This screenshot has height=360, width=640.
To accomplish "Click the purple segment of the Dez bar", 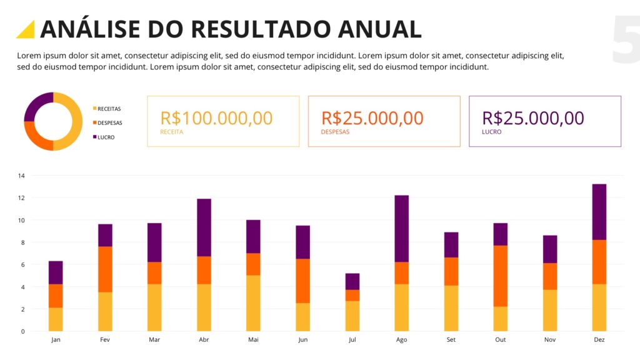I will pyautogui.click(x=599, y=212).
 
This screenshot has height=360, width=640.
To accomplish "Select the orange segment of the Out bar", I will pyautogui.click(x=500, y=276).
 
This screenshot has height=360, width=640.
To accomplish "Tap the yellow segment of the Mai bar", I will pyautogui.click(x=253, y=303).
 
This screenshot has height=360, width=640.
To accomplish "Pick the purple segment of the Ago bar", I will pyautogui.click(x=401, y=228).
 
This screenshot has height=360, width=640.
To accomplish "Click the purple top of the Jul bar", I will pyautogui.click(x=352, y=281).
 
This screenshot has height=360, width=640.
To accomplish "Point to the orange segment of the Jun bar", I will pyautogui.click(x=302, y=281).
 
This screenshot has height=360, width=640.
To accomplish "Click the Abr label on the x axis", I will pyautogui.click(x=204, y=340).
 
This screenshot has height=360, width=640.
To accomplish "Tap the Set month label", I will pyautogui.click(x=451, y=340).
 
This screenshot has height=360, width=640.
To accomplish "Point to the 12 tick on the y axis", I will pyautogui.click(x=21, y=198).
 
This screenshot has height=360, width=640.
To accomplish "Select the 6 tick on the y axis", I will pyautogui.click(x=21, y=265).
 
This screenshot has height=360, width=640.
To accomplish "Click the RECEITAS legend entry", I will pyautogui.click(x=109, y=109).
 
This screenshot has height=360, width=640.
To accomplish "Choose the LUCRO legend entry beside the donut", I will pyautogui.click(x=106, y=137).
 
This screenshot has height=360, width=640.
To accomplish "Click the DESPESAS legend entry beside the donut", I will pyautogui.click(x=109, y=123).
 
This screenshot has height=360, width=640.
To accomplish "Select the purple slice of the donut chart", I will pyautogui.click(x=37, y=104).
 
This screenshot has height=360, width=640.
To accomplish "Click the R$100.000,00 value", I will pyautogui.click(x=216, y=118).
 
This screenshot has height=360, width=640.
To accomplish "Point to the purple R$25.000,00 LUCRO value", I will pyautogui.click(x=533, y=118).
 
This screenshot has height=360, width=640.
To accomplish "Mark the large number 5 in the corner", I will pyautogui.click(x=626, y=41).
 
